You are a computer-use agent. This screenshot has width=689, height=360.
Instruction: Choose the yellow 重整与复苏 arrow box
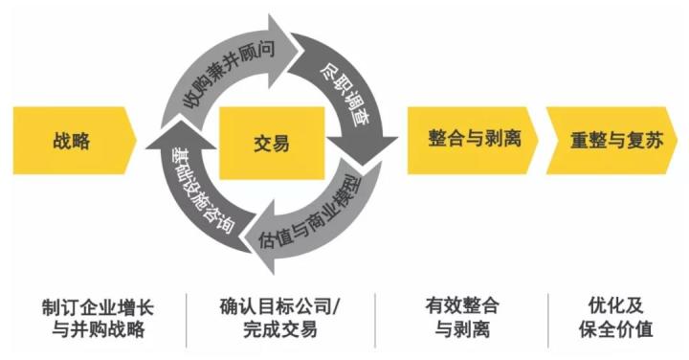[x=610, y=140]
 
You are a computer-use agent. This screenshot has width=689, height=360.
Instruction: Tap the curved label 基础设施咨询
[x=196, y=196]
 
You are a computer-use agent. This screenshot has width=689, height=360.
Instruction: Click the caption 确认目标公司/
[x=274, y=307]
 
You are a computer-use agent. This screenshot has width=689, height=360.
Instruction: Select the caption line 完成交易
[x=274, y=331]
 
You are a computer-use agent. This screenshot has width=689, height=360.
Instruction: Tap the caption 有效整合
[x=463, y=307]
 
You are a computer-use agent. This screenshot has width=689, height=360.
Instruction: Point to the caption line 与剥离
[x=463, y=331]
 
